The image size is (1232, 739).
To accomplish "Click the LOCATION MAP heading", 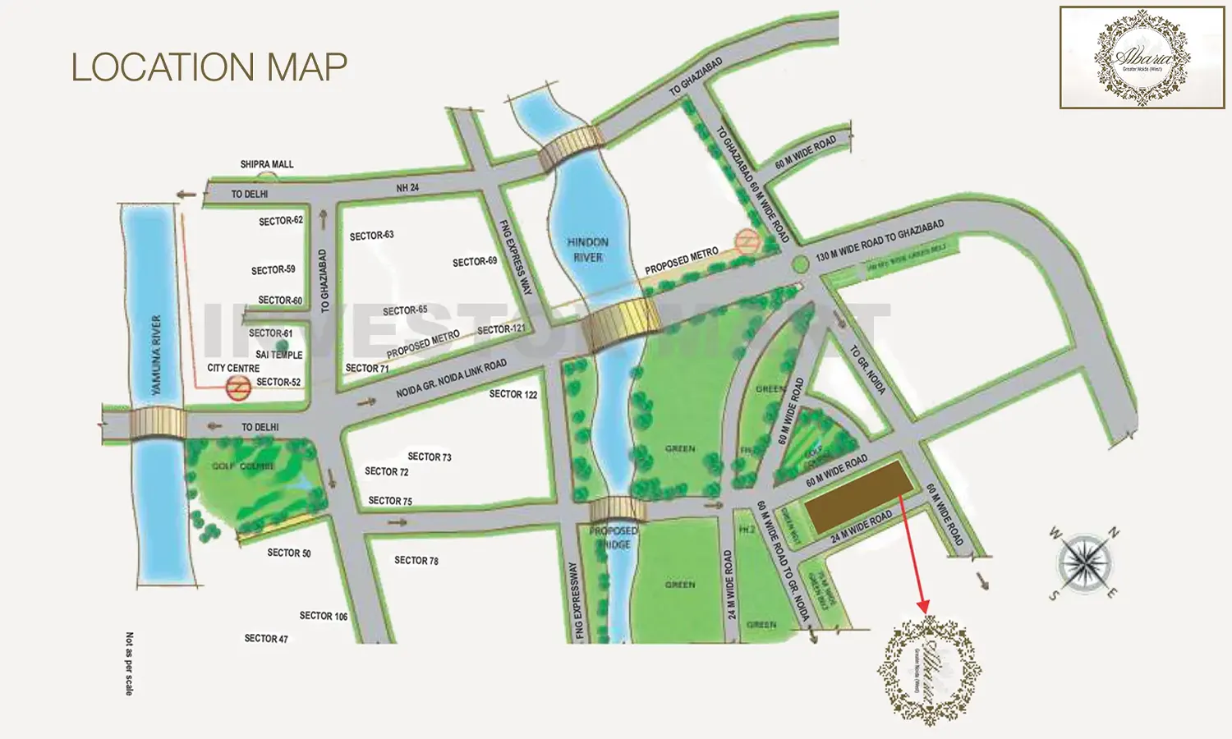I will (x=209, y=67).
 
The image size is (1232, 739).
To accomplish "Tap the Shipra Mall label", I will (x=267, y=164).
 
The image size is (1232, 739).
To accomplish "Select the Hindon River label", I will (x=588, y=250).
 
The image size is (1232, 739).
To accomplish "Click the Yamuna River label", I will (x=156, y=355).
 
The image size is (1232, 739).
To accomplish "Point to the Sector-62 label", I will (x=281, y=221).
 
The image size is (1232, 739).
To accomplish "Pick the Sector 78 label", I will (x=416, y=560).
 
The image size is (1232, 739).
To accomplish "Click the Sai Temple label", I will (x=279, y=355).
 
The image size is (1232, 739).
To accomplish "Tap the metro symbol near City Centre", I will (x=238, y=389).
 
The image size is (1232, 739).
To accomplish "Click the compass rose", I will (x=1084, y=564).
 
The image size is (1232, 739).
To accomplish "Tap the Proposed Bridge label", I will (x=614, y=538).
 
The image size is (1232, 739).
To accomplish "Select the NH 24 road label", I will (x=407, y=188).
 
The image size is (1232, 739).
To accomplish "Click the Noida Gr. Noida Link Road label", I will (x=451, y=379).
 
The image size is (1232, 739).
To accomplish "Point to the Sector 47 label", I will (x=266, y=638).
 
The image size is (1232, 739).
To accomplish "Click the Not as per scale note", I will (x=129, y=663).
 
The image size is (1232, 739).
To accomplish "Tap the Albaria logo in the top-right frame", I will (x=1142, y=57).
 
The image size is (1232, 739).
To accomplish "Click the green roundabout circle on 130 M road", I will (x=800, y=264).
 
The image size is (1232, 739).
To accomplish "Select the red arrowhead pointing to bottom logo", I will (x=925, y=607).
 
